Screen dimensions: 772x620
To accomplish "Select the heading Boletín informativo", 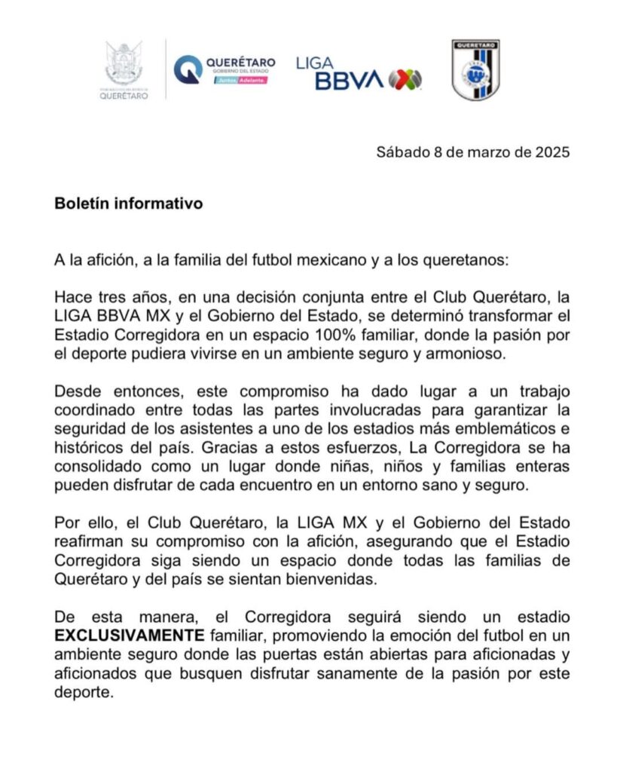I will pyautogui.click(x=128, y=204).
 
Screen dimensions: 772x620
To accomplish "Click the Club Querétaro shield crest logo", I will pyautogui.click(x=477, y=70).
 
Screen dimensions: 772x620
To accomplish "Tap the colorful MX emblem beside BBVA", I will pyautogui.click(x=405, y=79).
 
